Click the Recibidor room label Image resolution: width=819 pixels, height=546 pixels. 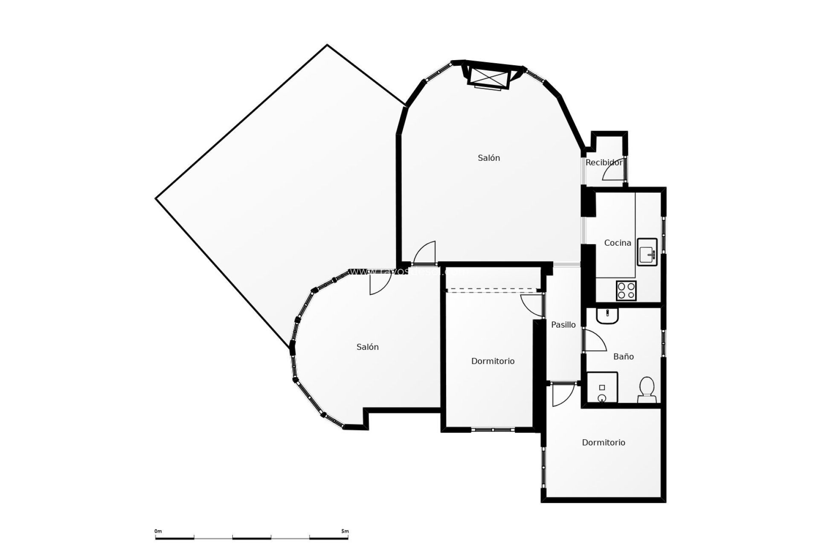click(604, 163)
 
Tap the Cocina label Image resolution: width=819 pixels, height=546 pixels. click(618, 243)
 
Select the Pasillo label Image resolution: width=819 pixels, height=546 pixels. click(563, 325)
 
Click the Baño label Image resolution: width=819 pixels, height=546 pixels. click(623, 357)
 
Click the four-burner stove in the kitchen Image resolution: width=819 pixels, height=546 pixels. click(626, 290)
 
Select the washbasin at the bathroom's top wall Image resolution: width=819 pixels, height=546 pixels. click(607, 316)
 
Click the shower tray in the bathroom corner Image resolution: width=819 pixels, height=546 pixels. click(602, 387)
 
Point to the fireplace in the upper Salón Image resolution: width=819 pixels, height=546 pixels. click(488, 78)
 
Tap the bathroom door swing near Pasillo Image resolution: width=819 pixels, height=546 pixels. click(594, 341)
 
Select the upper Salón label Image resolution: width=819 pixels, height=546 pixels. click(488, 158)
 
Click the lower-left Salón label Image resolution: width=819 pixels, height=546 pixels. click(367, 347)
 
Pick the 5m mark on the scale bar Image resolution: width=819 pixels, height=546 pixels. click(345, 531)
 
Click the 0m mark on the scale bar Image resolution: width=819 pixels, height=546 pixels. click(158, 531)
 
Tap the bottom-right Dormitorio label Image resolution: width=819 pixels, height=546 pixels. click(603, 443)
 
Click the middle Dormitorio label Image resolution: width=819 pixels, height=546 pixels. click(493, 361)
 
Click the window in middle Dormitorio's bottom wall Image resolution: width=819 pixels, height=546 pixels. click(493, 430)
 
